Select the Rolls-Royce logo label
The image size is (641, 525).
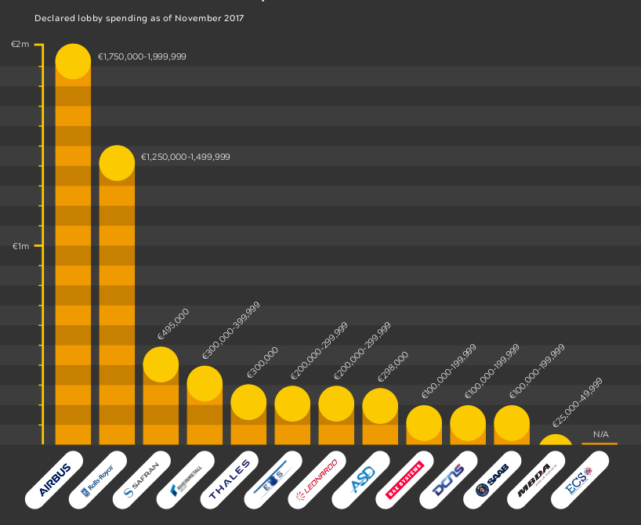(x=99, y=481)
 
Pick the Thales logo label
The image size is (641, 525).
(x=230, y=480)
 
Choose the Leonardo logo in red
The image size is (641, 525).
(x=317, y=480)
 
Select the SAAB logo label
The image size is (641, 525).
(x=494, y=480)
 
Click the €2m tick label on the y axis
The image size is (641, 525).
(x=20, y=44)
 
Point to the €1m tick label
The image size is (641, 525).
(x=20, y=246)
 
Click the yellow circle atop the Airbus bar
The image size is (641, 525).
(x=73, y=62)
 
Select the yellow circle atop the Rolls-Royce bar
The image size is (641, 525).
(x=117, y=163)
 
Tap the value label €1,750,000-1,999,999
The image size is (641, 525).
(x=142, y=56)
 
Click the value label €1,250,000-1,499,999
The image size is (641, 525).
(x=186, y=157)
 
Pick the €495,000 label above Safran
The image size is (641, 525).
(x=173, y=324)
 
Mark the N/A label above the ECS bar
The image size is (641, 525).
(x=601, y=434)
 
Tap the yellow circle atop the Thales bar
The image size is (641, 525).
(x=248, y=402)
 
